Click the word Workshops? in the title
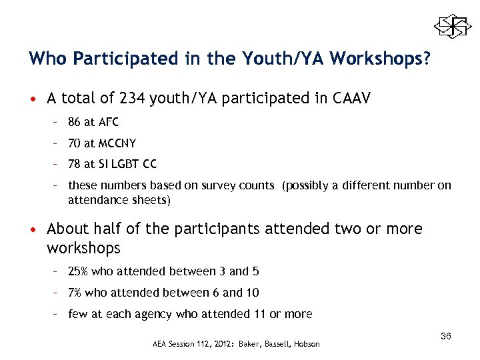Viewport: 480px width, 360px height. [x=379, y=59]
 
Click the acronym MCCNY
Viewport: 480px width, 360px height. [x=118, y=143]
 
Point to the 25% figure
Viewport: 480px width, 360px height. [x=78, y=271]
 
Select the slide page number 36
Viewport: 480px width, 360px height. [x=446, y=336]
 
